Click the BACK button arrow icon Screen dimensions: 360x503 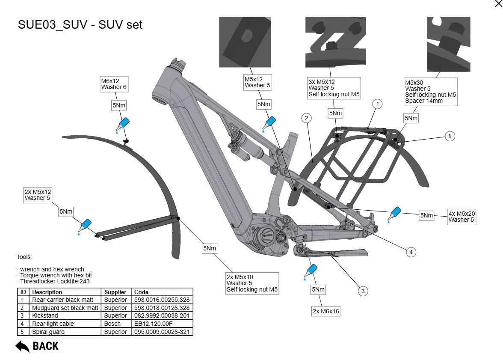22,346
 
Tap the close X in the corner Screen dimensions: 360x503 498,4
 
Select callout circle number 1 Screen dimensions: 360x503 377,104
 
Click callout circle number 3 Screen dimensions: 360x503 363,291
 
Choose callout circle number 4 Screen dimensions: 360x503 411,252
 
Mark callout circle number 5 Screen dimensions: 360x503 450,136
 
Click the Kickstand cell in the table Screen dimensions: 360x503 45,316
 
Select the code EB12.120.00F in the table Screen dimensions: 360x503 149,324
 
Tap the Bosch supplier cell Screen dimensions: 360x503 112,324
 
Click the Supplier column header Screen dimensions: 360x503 115,292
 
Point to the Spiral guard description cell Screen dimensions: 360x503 48,332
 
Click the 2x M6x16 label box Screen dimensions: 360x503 326,311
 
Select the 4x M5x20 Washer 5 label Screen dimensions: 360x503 461,217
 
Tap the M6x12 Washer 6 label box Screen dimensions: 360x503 114,84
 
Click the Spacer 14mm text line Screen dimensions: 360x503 424,101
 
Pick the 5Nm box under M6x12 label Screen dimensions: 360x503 119,106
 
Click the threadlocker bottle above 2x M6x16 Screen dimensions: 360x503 311,271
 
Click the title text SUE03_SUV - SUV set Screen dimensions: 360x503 80,24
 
